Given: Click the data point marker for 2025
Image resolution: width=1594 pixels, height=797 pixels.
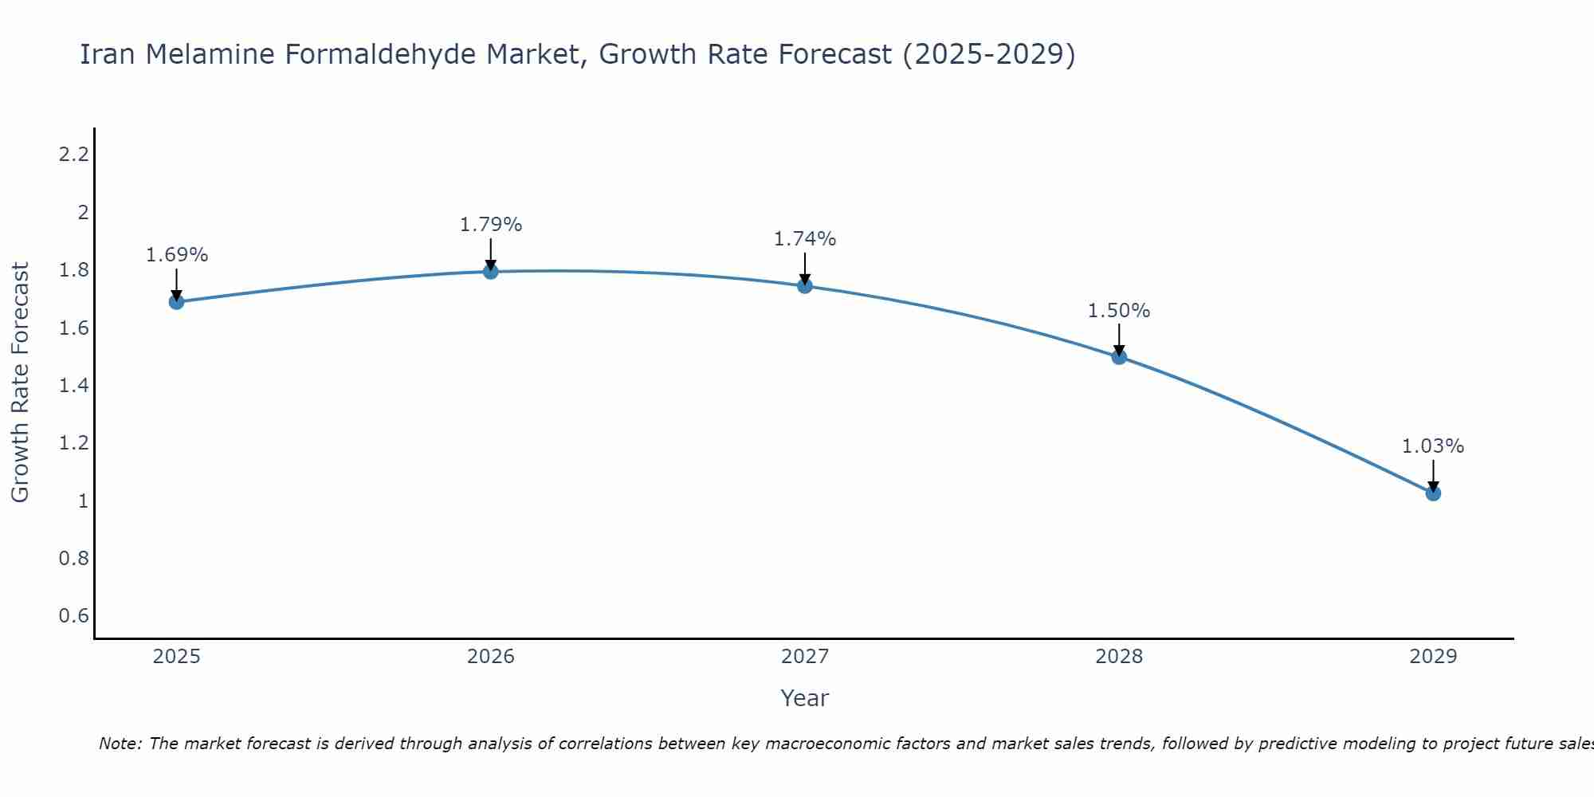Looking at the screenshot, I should (176, 302).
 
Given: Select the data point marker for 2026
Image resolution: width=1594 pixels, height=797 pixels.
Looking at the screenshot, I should (491, 272).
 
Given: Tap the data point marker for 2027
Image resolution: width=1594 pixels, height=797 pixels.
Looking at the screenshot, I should (805, 286).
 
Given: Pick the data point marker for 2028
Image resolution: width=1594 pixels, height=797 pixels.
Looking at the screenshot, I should (1119, 357).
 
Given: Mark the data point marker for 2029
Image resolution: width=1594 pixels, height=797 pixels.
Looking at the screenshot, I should (1433, 493).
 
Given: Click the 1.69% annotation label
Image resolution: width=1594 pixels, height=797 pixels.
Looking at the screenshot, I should (176, 255).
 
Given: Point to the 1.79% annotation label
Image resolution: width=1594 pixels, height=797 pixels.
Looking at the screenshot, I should (491, 225).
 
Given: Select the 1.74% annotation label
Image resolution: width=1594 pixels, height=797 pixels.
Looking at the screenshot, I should (805, 239).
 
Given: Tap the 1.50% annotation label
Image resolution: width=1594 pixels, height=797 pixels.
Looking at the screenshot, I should (1119, 311).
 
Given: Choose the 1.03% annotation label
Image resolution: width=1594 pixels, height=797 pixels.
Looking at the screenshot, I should (1433, 446).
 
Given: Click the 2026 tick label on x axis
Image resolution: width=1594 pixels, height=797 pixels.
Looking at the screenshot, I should (491, 657).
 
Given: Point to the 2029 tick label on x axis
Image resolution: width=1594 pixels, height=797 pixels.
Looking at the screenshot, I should (1433, 657).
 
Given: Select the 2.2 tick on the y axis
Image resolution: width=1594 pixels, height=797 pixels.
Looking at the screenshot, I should (73, 155).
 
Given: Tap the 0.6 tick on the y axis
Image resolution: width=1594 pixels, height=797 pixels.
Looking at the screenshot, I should (73, 616).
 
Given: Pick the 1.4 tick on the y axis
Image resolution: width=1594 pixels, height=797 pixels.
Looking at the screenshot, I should (73, 386).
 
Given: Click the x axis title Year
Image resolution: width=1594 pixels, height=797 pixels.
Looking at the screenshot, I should (805, 698).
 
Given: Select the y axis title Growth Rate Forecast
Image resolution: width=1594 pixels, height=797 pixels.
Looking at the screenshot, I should (20, 383).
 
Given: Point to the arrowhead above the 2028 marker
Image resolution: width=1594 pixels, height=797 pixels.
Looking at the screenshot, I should (1119, 350).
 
